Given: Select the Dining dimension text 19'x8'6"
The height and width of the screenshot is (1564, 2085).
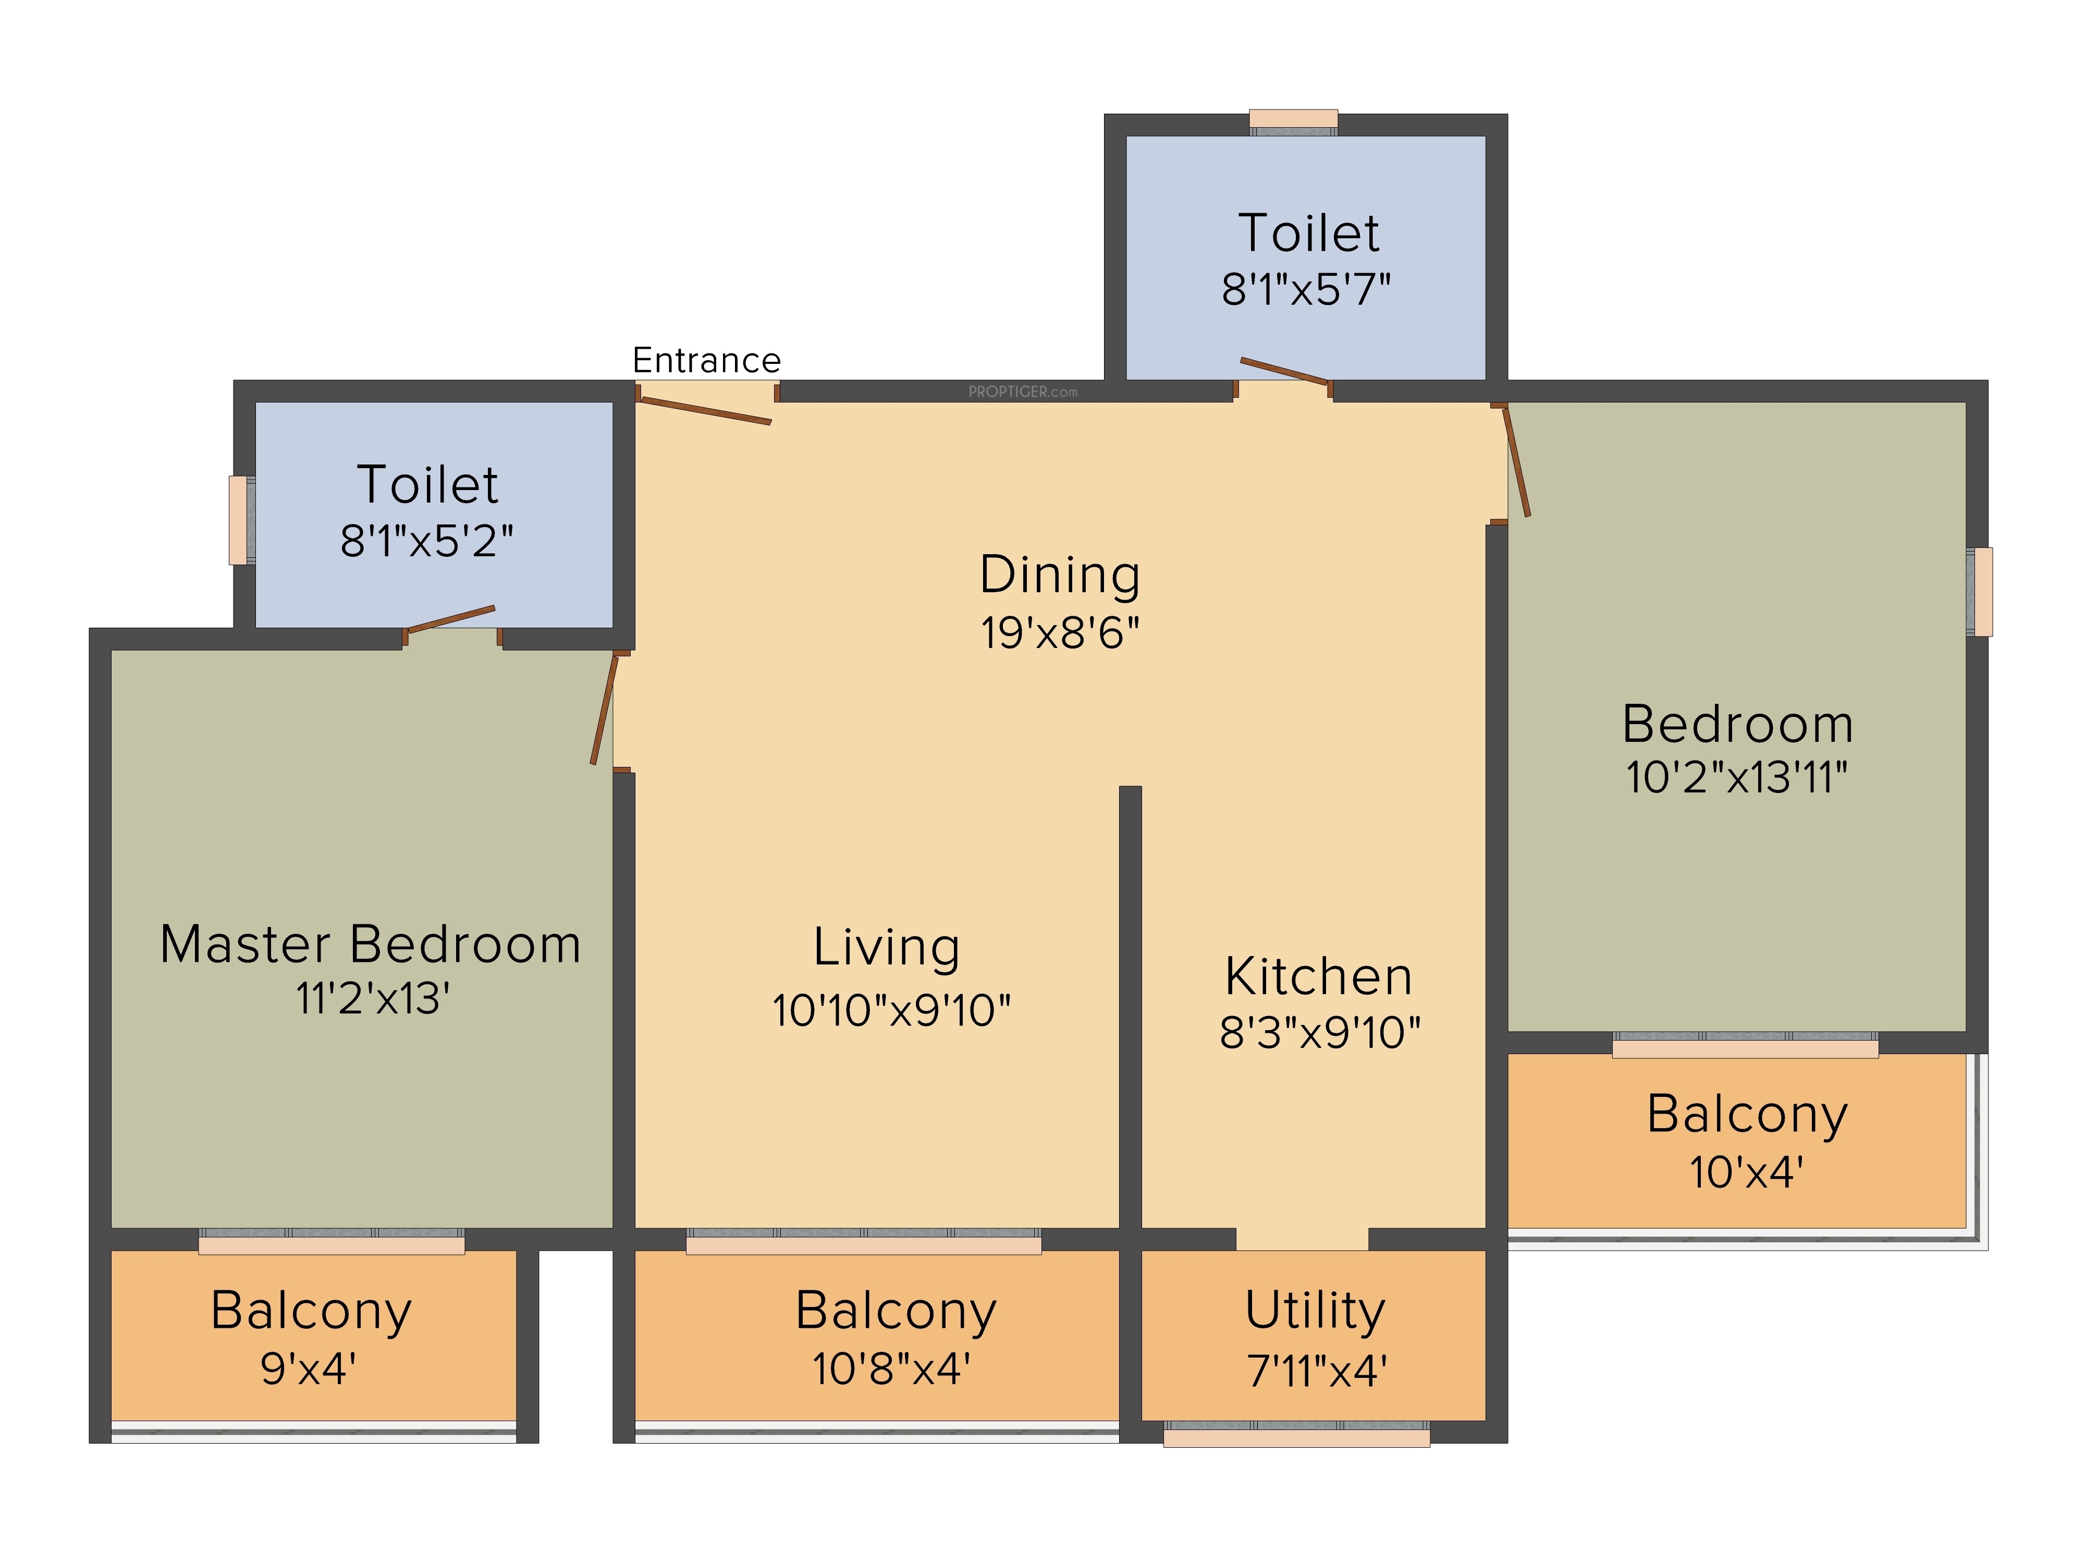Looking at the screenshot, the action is [1060, 632].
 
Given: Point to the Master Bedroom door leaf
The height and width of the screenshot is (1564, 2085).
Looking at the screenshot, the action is [604, 708].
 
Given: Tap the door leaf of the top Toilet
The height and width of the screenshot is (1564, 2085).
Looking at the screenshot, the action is [1285, 371].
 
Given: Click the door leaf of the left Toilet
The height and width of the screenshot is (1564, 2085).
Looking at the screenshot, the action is [450, 618].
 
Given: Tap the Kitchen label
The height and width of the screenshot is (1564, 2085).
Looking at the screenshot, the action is [1319, 976].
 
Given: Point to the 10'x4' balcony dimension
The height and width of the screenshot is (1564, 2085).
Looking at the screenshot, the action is [1747, 1173].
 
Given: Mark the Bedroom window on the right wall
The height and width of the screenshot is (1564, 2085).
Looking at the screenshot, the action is [1979, 591].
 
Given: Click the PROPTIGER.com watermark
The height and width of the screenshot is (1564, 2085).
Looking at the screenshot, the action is [1023, 391].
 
